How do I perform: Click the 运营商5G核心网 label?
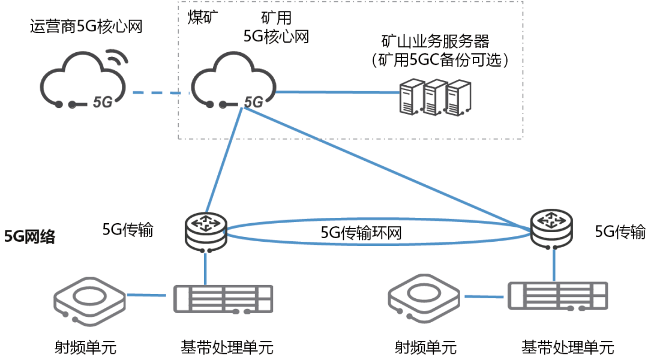pos(86,27)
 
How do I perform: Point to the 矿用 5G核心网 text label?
pos(276,27)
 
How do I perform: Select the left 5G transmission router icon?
pos(205,230)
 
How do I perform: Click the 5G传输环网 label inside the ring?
pos(361,233)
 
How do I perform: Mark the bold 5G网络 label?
pos(30,236)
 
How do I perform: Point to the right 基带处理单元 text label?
pos(568,347)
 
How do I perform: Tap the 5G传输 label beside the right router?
pos(620,232)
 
